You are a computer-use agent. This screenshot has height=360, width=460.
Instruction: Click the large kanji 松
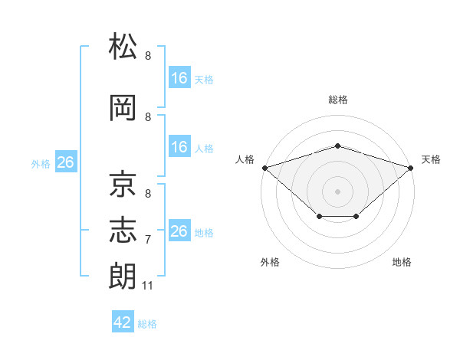[123, 46]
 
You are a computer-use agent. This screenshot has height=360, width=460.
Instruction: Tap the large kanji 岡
[123, 107]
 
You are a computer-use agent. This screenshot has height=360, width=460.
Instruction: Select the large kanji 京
[123, 184]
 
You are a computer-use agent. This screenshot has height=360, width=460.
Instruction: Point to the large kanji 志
[123, 230]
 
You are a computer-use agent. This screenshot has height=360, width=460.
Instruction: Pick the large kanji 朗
[123, 276]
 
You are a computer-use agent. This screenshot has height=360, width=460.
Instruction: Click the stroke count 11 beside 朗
[147, 286]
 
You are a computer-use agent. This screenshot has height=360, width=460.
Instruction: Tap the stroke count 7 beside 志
[148, 240]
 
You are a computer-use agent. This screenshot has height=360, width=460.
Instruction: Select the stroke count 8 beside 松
[148, 55]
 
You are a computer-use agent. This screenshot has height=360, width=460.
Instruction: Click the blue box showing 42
[123, 321]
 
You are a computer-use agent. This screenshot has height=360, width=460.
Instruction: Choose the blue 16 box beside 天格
[180, 77]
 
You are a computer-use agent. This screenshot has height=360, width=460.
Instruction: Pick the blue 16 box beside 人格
[180, 146]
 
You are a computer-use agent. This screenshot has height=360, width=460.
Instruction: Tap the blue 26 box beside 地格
[180, 230]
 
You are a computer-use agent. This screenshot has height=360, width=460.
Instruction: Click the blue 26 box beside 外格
[66, 162]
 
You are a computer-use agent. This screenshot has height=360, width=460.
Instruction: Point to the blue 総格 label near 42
[147, 324]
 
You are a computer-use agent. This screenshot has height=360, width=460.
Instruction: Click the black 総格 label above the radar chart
[338, 100]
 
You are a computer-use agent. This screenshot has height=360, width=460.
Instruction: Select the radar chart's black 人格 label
[245, 159]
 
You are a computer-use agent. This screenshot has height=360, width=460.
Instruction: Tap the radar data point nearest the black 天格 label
[411, 168]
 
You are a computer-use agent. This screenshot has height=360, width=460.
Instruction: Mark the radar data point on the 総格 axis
[338, 146]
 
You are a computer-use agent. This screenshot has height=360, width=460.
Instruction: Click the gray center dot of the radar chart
[337, 191]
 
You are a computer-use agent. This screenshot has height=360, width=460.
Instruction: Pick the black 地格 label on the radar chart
[402, 262]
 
